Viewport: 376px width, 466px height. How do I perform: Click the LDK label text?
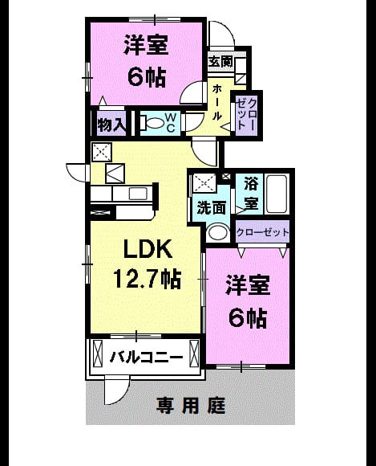pyautogui.click(x=148, y=248)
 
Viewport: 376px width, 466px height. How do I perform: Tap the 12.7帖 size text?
pyautogui.click(x=148, y=279)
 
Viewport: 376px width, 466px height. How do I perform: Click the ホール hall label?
pyautogui.click(x=217, y=102)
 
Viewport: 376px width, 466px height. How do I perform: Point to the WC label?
pyautogui.click(x=171, y=123)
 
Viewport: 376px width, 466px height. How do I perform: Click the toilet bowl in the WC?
pyautogui.click(x=155, y=123)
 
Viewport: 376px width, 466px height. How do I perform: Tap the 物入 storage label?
pyautogui.click(x=111, y=125)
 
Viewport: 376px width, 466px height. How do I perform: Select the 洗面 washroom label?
pyautogui.click(x=212, y=208)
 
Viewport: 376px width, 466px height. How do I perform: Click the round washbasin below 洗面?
pyautogui.click(x=218, y=231)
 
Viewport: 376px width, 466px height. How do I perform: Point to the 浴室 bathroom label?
pyautogui.click(x=251, y=193)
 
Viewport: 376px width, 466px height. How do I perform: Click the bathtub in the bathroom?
pyautogui.click(x=277, y=194)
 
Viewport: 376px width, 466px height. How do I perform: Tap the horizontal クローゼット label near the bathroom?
pyautogui.click(x=262, y=231)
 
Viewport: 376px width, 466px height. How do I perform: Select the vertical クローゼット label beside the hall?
pyautogui.click(x=246, y=113)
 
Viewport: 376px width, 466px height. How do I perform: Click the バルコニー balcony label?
pyautogui.click(x=146, y=357)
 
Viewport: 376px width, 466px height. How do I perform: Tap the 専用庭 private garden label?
pyautogui.click(x=191, y=406)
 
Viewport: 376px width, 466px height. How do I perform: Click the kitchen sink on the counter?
pyautogui.click(x=138, y=194)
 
